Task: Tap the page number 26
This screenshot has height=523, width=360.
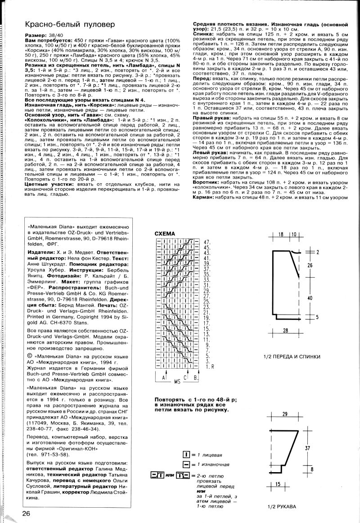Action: (26, 514)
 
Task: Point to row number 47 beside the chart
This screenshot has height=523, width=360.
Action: (207, 242)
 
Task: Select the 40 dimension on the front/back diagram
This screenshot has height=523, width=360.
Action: (310, 298)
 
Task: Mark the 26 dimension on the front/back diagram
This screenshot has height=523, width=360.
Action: (310, 266)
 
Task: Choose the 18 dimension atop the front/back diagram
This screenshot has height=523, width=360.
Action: (280, 234)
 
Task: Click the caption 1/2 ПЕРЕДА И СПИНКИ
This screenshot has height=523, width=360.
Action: (292, 356)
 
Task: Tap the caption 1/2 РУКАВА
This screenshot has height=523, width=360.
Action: (281, 506)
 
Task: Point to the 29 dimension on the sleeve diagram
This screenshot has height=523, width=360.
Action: (284, 414)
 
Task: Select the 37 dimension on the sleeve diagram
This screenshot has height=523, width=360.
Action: (307, 448)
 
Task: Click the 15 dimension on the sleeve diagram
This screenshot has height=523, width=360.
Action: (278, 484)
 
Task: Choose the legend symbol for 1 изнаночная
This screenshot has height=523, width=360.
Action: (186, 464)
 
